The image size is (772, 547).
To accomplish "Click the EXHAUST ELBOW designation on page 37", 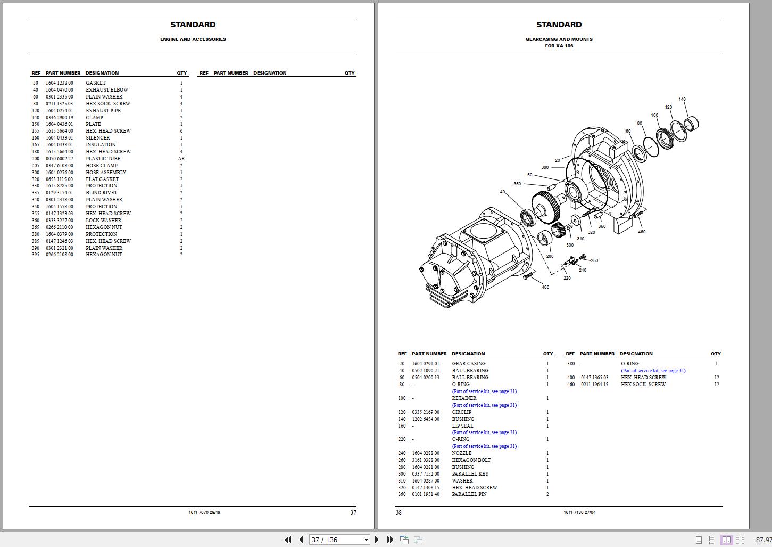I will pyautogui.click(x=107, y=90).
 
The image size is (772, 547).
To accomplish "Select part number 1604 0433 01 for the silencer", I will pyautogui.click(x=59, y=138).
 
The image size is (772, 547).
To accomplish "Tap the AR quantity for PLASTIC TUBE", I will pyautogui.click(x=181, y=159).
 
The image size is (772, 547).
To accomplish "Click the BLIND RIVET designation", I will pyautogui.click(x=101, y=193).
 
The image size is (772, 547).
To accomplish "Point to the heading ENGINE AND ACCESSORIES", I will pyautogui.click(x=193, y=39).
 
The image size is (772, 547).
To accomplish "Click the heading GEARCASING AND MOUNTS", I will pyautogui.click(x=559, y=39).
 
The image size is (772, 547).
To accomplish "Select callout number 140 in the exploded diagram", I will pyautogui.click(x=682, y=99).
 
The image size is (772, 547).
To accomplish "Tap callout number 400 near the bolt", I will pyautogui.click(x=545, y=287).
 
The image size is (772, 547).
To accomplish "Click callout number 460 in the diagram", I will pyautogui.click(x=642, y=232).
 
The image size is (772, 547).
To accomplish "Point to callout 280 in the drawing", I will pyautogui.click(x=550, y=256).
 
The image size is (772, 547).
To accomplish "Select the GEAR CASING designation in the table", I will pyautogui.click(x=468, y=364).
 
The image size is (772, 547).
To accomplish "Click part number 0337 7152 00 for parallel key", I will pyautogui.click(x=426, y=474).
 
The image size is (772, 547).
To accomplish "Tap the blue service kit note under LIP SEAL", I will pyautogui.click(x=484, y=432).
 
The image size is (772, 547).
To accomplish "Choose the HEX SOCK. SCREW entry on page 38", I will pyautogui.click(x=643, y=385).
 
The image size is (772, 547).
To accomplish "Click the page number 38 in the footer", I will pyautogui.click(x=399, y=512).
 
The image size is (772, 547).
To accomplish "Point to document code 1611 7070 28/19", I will pyautogui.click(x=204, y=512).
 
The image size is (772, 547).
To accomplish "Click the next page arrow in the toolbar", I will pyautogui.click(x=377, y=540).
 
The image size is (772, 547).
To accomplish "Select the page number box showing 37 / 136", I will pyautogui.click(x=338, y=540).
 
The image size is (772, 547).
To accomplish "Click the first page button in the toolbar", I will pyautogui.click(x=288, y=540).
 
